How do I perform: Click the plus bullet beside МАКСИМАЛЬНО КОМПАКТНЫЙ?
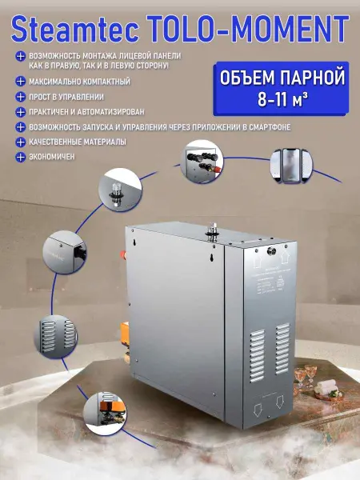click(x=18, y=81)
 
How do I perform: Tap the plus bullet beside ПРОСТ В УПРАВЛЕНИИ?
click(x=18, y=96)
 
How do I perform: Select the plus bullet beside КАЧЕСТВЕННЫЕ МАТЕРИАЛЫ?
click(x=18, y=141)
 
